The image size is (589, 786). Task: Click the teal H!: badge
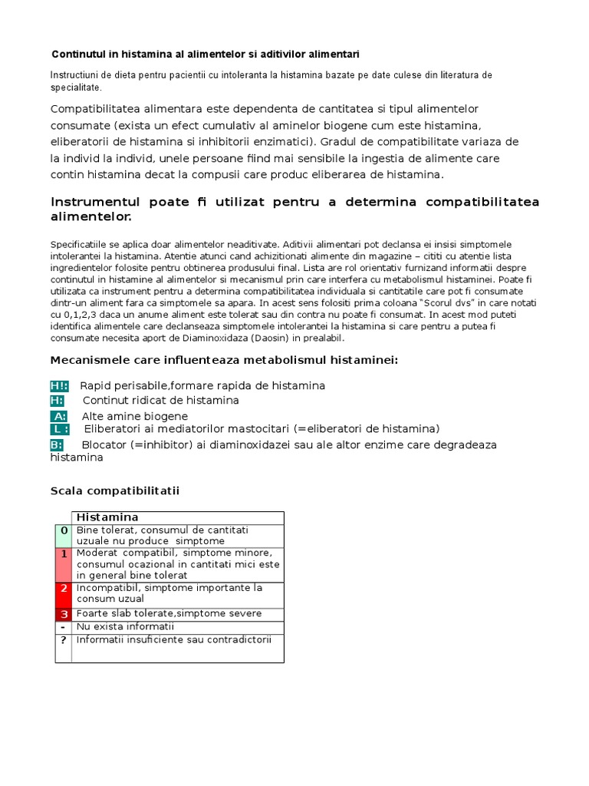[x=59, y=385]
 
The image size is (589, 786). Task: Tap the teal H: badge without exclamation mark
[x=58, y=401]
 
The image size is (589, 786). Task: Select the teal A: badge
[x=60, y=416]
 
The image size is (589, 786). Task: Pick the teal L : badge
[x=60, y=428]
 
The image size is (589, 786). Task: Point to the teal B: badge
[x=57, y=444]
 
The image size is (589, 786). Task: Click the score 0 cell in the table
[x=64, y=531]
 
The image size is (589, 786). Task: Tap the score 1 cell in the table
[x=64, y=553]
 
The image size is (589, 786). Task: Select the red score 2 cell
[x=64, y=589]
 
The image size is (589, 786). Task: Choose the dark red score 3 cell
[x=64, y=614]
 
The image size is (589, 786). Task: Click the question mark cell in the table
[x=64, y=640]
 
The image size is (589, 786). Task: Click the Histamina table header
[x=107, y=518]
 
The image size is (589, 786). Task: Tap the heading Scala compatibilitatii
[x=114, y=490]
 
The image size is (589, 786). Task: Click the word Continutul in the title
[x=78, y=54]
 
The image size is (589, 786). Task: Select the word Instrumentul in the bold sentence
[x=95, y=202]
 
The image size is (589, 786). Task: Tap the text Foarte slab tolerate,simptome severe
[x=169, y=614]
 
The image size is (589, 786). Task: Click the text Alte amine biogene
[x=135, y=416]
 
